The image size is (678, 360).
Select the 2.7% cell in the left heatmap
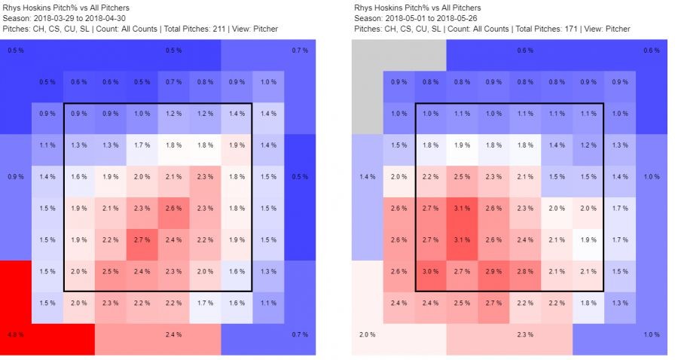point(142,239)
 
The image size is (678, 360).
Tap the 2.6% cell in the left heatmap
point(173,208)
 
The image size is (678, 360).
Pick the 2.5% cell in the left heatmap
point(110,270)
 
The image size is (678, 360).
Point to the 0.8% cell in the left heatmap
point(205,82)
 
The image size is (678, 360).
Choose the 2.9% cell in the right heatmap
point(493,270)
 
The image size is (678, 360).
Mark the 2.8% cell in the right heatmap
point(525,270)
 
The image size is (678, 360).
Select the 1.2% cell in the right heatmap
point(588,145)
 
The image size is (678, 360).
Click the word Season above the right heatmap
point(366,19)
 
